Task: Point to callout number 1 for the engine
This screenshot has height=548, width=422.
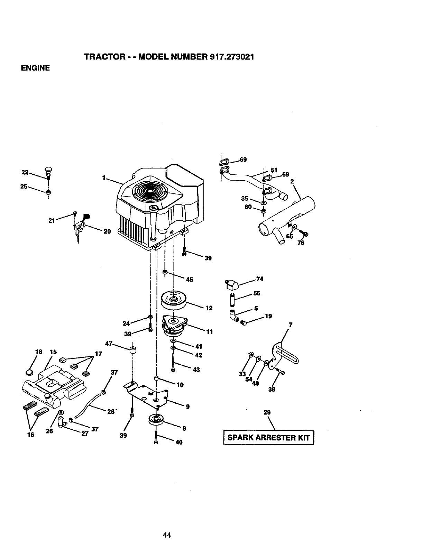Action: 103,178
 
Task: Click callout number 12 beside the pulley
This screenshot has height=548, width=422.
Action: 209,308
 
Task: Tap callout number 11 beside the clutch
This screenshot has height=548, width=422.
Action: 209,332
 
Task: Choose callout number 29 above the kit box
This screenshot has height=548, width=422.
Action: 267,412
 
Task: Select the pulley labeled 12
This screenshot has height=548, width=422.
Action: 174,300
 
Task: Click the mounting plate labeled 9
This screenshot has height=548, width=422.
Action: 149,394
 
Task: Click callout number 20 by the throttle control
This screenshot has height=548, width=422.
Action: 107,231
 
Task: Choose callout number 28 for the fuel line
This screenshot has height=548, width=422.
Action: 111,411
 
